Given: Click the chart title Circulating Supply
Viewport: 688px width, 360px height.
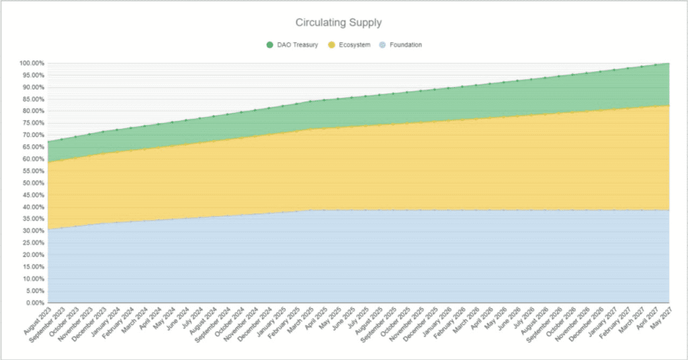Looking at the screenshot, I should tap(343, 23).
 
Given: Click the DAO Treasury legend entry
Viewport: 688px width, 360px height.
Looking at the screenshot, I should tap(296, 45).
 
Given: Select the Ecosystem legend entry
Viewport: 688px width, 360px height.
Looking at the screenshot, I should tap(353, 45).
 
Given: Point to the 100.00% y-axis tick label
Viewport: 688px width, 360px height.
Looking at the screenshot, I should tap(32, 63).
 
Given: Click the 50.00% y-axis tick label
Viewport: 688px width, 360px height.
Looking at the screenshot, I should tap(32, 183).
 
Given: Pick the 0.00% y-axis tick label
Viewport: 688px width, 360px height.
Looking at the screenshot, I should tap(34, 303).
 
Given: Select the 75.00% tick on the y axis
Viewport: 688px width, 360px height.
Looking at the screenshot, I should tap(32, 123).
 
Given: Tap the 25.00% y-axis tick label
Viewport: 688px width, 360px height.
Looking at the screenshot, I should tap(32, 243).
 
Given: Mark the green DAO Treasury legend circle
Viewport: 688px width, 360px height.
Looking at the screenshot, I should tap(270, 45).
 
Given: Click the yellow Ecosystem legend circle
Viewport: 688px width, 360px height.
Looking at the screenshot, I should tap(331, 45).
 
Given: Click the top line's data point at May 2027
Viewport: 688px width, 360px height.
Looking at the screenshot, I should tap(669, 63).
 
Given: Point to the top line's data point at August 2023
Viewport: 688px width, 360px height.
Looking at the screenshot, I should tap(48, 142).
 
